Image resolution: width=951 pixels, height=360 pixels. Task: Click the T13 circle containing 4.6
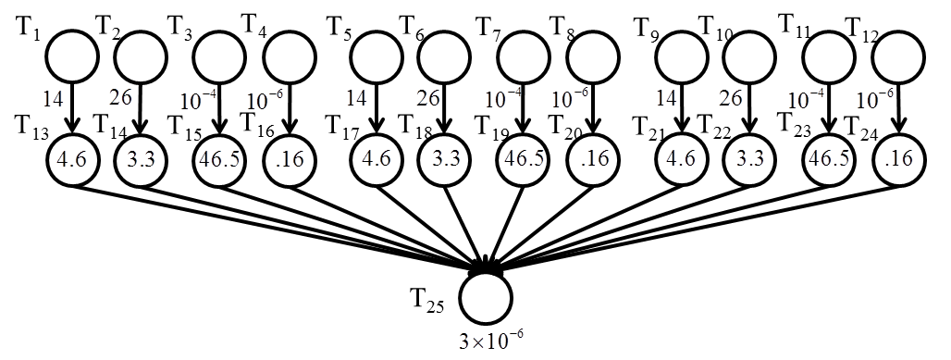pos(71,159)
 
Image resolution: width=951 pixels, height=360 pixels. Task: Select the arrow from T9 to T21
pos(682,108)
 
